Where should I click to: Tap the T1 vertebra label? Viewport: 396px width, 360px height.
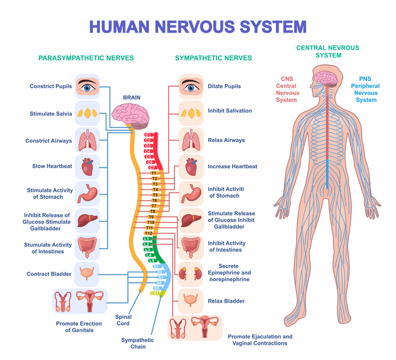coord(153,173)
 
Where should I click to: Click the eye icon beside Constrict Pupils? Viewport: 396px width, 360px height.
coord(87,85)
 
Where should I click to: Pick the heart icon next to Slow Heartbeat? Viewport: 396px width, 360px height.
coord(87,166)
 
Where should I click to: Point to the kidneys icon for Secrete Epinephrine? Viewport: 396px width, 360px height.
coord(190,273)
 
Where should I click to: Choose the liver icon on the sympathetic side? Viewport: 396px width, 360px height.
coord(190,220)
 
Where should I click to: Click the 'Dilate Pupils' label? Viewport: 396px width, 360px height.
coord(224,86)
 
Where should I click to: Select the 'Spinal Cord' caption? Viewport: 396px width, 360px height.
coord(123,319)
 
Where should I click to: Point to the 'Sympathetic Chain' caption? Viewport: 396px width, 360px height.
coord(138,343)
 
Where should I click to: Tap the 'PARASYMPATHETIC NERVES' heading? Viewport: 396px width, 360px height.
coord(86,58)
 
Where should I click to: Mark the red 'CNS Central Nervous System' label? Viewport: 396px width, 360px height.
coord(286,89)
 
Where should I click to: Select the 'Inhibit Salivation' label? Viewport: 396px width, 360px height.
coord(229,111)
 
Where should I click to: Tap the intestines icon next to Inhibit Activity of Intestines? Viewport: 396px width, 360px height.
coord(190,247)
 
